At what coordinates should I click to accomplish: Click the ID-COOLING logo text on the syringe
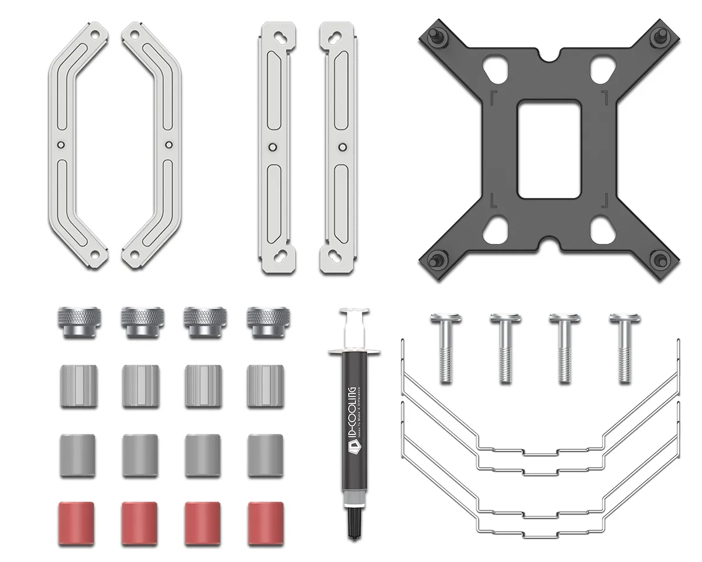coord(352,416)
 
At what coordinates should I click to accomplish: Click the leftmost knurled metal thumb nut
coord(77,321)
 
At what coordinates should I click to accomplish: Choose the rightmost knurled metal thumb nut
coord(265,321)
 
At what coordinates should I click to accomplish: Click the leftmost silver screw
coord(446,348)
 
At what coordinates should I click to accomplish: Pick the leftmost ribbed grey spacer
coord(77,386)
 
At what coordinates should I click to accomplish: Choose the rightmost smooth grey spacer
coord(265,455)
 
